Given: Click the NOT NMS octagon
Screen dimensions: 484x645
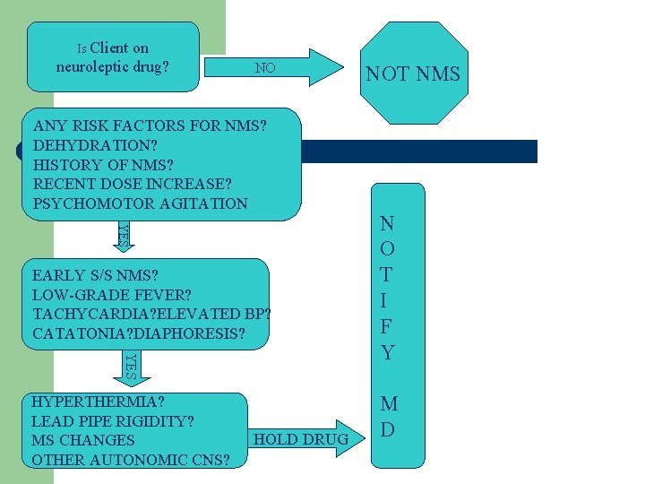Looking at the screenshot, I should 413,73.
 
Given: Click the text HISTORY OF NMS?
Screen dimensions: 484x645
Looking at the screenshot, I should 103,164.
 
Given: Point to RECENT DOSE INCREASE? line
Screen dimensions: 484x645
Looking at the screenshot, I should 132,184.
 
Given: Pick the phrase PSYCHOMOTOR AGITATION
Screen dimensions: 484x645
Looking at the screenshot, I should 140,203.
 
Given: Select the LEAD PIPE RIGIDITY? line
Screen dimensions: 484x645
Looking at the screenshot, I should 113,420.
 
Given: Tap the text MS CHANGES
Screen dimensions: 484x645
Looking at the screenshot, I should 83,440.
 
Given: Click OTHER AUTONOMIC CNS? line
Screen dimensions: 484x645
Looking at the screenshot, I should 131,460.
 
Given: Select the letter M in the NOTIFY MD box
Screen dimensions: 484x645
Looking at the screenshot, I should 387,402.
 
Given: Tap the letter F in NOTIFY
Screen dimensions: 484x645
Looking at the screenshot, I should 387,326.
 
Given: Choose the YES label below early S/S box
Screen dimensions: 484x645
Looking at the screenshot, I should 130,365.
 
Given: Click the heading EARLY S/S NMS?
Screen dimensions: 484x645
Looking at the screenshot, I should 106,275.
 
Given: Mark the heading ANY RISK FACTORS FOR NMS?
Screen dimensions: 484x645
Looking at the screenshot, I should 150,125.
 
